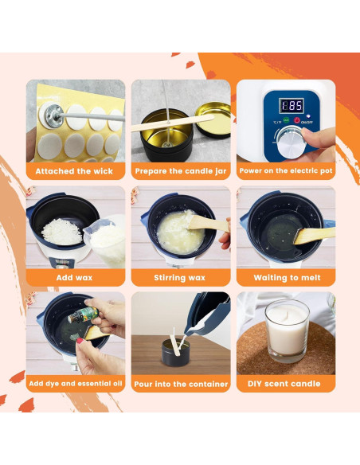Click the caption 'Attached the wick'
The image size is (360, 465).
point(76,171)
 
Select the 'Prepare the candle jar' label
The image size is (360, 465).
point(181,171)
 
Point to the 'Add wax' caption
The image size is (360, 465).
point(76,278)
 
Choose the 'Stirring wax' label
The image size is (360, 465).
point(181,278)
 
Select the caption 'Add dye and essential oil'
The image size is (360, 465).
point(76,384)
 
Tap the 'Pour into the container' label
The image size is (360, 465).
point(181,384)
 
